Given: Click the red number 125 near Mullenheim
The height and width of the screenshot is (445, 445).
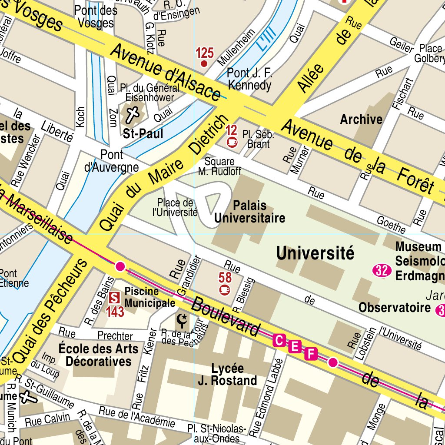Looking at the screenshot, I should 205,53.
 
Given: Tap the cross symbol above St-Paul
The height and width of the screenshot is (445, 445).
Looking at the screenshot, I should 133,115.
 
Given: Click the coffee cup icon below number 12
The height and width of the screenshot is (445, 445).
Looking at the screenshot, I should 232,142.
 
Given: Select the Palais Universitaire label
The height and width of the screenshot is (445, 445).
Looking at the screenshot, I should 250,212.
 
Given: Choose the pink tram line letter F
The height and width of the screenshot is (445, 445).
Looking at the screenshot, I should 310,354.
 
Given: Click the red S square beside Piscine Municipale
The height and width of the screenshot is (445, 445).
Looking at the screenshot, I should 114,298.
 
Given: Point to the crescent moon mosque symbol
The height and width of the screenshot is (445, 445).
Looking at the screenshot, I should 182,321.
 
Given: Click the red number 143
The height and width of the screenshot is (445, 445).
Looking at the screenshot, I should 115,312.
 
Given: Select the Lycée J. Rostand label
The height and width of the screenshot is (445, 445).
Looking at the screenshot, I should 227,375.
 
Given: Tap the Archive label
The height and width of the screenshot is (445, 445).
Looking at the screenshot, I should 361,119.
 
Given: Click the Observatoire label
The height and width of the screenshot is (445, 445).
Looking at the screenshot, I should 394,308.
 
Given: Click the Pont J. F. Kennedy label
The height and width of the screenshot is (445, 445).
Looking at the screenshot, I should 249,79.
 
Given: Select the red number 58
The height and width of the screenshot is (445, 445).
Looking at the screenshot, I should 225,277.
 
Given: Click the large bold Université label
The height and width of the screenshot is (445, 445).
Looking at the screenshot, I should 315,253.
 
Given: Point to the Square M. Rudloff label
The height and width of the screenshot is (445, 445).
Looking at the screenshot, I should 219,166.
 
